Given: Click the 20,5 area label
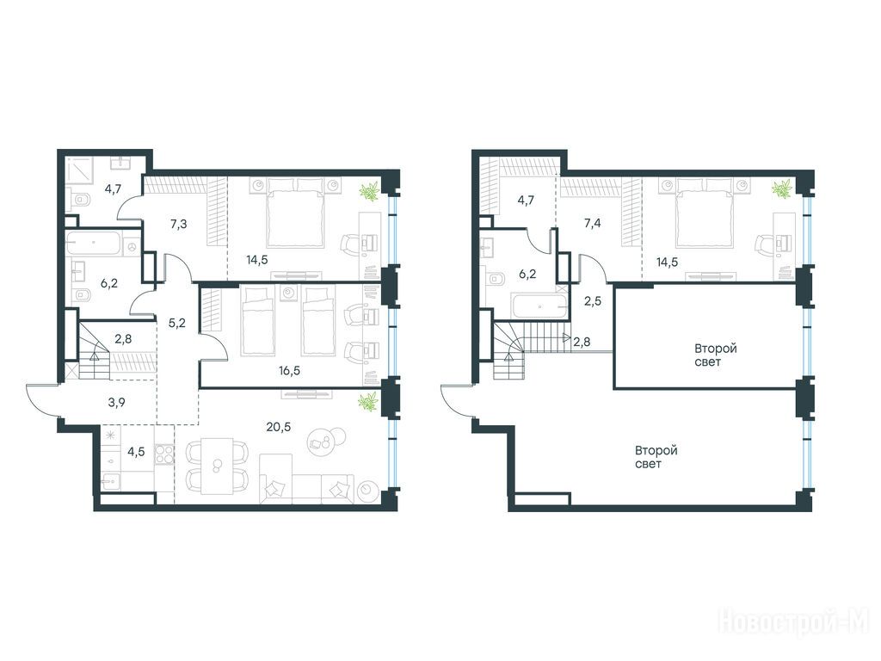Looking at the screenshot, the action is coord(279,427).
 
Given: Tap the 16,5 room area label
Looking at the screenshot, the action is coord(289,371).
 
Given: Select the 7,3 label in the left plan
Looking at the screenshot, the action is coord(179,225).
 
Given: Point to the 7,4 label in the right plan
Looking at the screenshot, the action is coord(592,223).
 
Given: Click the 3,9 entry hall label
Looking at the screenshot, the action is coord(116,402).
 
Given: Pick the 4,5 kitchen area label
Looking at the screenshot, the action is coord(137,451).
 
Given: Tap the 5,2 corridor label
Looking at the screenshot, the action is coord(177,323).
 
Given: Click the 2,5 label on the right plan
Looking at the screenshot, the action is coord(592,301).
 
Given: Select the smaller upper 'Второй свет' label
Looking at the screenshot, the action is coord(715,355).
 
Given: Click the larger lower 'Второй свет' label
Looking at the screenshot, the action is coord(656,457).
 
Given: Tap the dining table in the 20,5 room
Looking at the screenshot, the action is coord(217,466).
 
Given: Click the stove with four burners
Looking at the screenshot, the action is coord(164,454).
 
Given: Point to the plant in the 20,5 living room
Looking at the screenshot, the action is coord(370,402).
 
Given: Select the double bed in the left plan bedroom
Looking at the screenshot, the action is coord(296,213).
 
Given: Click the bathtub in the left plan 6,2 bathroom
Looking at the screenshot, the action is coord(93,244).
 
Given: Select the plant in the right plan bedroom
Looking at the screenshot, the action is coord(781,188).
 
